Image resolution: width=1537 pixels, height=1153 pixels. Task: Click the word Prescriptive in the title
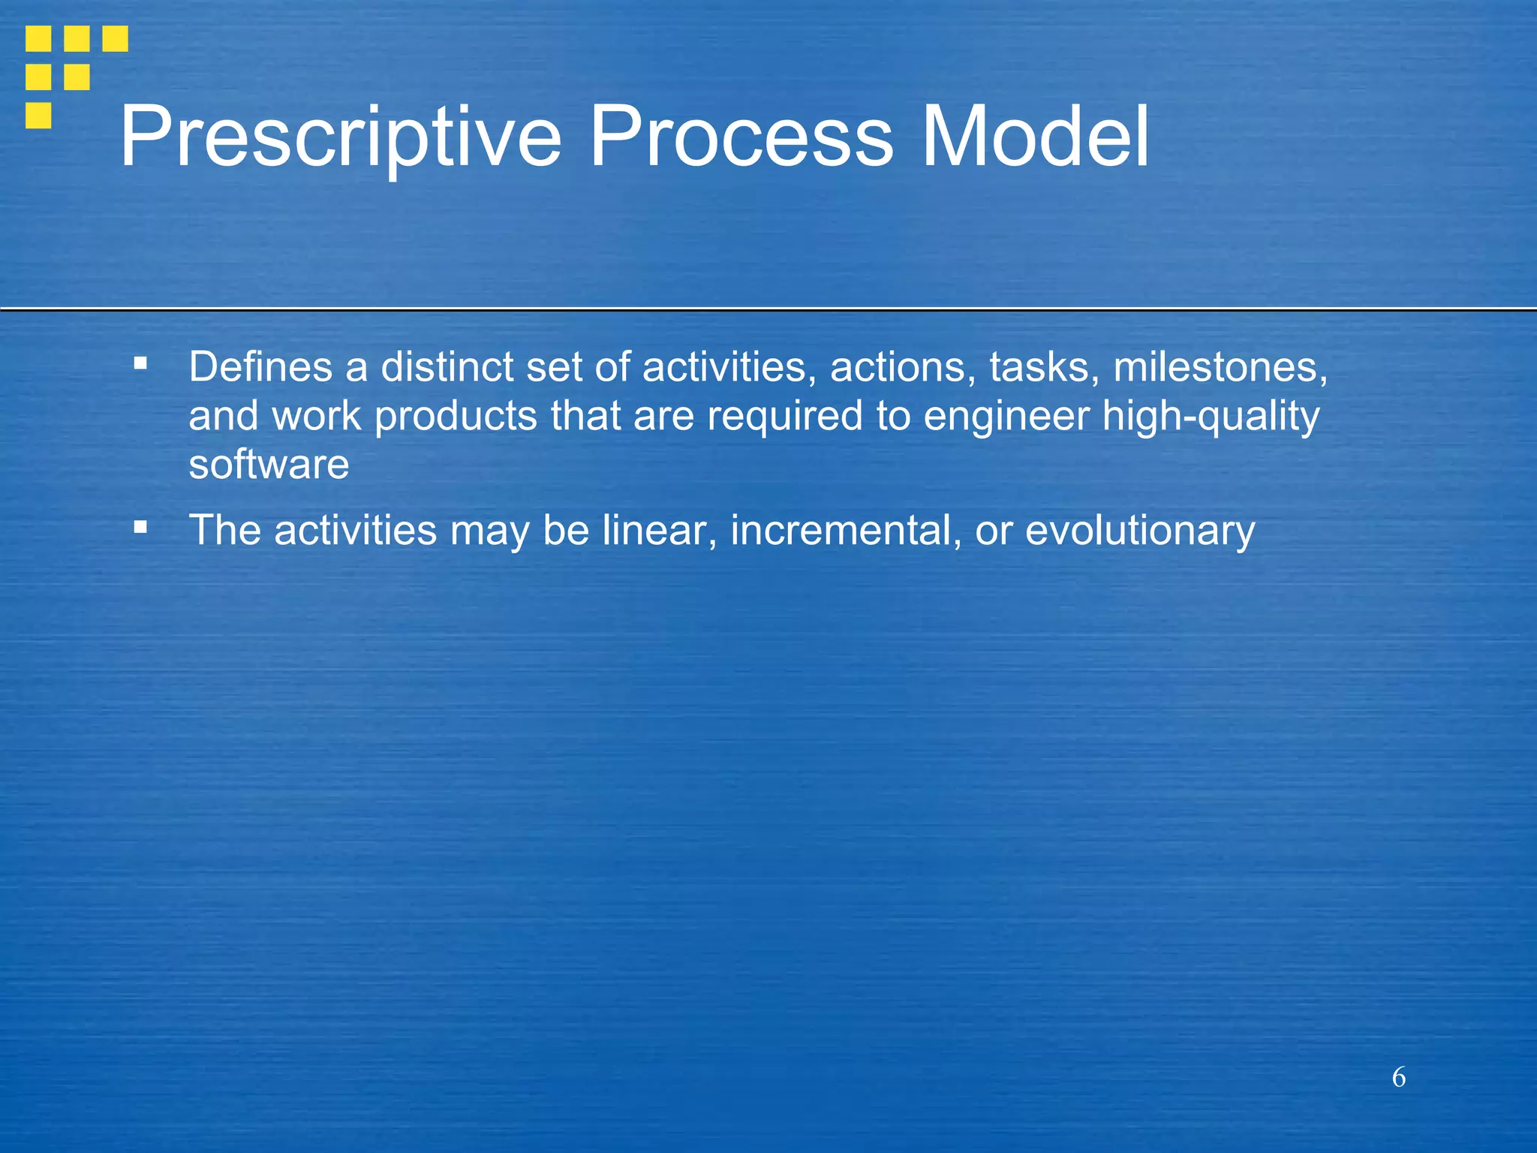coord(340,137)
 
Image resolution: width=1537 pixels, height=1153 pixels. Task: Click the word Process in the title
coord(741,137)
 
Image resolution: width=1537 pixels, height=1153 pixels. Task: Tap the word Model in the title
coord(1035,137)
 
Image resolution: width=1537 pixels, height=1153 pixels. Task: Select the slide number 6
coord(1399,1077)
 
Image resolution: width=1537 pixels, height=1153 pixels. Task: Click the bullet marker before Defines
coord(140,364)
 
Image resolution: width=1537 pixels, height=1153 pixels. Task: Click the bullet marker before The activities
coord(140,527)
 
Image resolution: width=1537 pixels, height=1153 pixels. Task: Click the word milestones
coord(1220,367)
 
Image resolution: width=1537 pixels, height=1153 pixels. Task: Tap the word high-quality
coord(1211,417)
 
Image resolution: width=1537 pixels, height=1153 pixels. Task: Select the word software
coord(269,465)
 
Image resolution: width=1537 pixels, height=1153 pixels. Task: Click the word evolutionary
coord(1139,531)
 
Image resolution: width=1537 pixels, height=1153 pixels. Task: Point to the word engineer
coord(1006,417)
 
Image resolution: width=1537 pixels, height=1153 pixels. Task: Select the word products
coord(456,417)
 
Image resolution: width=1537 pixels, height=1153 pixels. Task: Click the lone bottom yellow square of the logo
coord(38,116)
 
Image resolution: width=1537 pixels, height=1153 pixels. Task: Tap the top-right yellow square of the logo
coord(115,38)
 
